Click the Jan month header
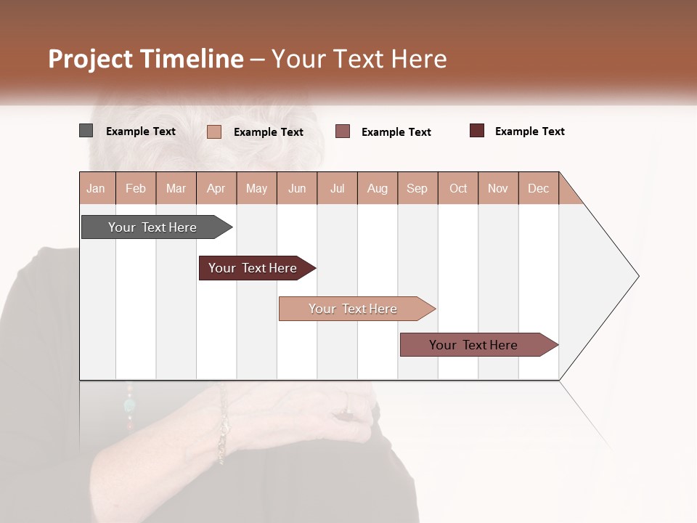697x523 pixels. click(97, 188)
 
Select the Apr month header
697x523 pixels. click(216, 188)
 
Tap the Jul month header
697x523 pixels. click(337, 188)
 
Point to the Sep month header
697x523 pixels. click(417, 188)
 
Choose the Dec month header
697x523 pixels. click(538, 188)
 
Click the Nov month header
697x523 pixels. click(498, 188)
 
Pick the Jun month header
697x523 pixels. click(297, 188)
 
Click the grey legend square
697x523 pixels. click(86, 131)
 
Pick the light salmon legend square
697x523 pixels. click(213, 131)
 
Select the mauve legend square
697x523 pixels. click(343, 131)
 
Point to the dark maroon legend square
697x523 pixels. click(476, 131)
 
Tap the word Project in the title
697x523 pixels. click(89, 59)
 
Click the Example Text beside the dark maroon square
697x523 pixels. click(529, 131)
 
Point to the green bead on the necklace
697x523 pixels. click(130, 405)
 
